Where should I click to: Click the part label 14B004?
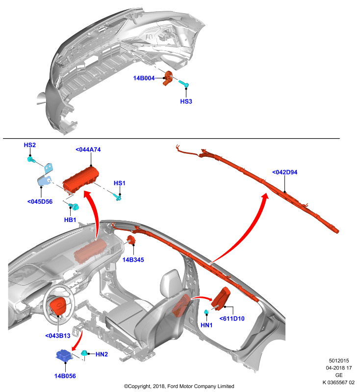pos(144,78)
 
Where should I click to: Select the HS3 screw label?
pos(186,101)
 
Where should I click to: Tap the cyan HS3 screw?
pos(183,84)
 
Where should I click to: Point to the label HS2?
pos(30,145)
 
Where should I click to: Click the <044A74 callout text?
pos(88,149)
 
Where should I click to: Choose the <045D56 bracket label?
pos(40,201)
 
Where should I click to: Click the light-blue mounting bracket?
pos(46,175)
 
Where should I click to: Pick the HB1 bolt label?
pos(70,220)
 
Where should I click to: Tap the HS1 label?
pos(120,183)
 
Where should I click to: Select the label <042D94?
pos(284,172)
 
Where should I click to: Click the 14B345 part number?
pos(133,260)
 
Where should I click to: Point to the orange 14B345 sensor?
pos(131,240)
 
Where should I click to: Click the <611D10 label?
pos(232,318)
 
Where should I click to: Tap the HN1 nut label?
pos(206,325)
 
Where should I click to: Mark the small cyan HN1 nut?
pos(206,312)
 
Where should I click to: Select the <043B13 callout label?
pos(58,336)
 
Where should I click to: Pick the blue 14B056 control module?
pos(64,356)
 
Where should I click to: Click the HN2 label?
pos(102,354)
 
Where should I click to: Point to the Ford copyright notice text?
pos(179,386)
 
